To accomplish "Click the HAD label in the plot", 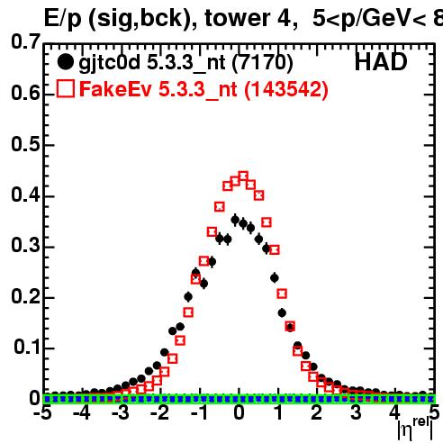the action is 381,62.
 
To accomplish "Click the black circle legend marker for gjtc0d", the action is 65,62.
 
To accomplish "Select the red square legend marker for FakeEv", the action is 66,88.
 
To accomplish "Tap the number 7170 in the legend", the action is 262,62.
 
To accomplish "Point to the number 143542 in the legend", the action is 285,89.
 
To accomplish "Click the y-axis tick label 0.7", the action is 25,41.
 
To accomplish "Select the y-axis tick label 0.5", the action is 25,144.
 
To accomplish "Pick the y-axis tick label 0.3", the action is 25,246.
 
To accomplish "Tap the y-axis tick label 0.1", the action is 26,348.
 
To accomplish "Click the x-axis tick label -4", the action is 82,413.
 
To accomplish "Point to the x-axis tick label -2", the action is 160,413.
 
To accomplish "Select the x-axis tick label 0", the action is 239,413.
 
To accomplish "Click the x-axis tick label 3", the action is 356,413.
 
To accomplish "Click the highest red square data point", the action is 243,176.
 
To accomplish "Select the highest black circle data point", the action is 235,220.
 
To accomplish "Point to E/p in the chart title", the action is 63,19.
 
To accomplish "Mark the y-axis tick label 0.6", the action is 25,94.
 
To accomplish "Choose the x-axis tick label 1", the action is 279,413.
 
